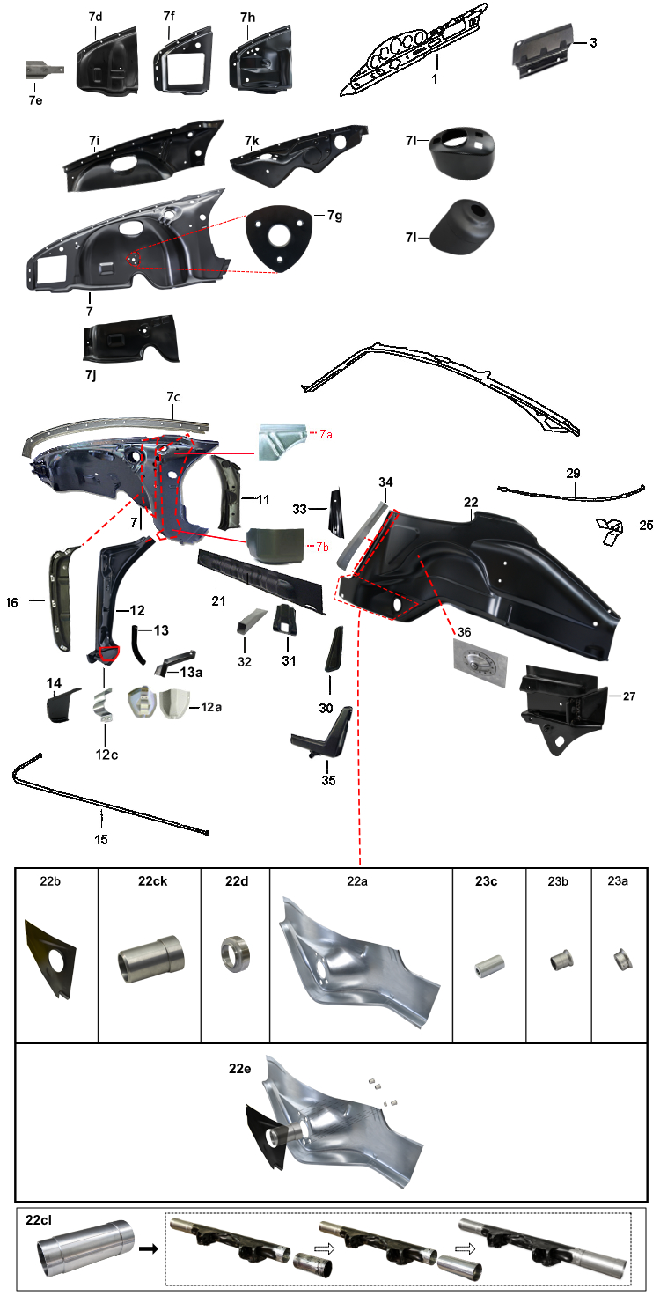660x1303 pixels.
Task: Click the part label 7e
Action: pyautogui.click(x=35, y=100)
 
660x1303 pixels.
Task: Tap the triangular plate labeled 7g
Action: pyautogui.click(x=279, y=237)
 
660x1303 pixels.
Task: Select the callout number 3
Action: pyautogui.click(x=593, y=42)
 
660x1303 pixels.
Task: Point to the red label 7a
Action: pyautogui.click(x=326, y=434)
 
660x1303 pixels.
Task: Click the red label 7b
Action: pyautogui.click(x=322, y=546)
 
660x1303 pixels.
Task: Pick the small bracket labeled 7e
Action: pyautogui.click(x=44, y=70)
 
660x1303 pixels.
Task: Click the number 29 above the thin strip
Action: pyautogui.click(x=574, y=474)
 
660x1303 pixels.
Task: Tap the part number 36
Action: pyautogui.click(x=464, y=632)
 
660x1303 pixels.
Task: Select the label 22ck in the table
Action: pyautogui.click(x=152, y=881)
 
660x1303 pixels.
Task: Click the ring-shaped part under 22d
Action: pyautogui.click(x=235, y=954)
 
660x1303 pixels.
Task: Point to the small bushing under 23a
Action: pyautogui.click(x=622, y=960)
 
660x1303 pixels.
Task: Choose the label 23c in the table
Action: pyautogui.click(x=486, y=881)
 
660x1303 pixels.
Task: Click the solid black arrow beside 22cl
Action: pyautogui.click(x=149, y=1249)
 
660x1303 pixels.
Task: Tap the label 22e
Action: pyautogui.click(x=239, y=1069)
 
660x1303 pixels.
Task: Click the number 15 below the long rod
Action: pyautogui.click(x=101, y=839)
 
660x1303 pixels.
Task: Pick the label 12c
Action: pyautogui.click(x=107, y=755)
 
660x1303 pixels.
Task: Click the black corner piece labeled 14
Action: pyautogui.click(x=62, y=705)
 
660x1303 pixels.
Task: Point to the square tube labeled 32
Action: pyautogui.click(x=251, y=620)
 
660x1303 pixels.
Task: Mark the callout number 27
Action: pyautogui.click(x=629, y=696)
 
